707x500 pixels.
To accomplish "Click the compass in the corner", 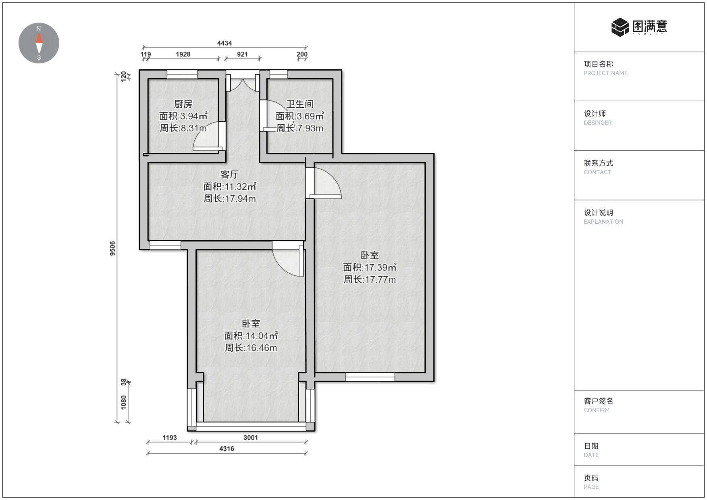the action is [39, 43].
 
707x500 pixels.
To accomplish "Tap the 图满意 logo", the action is [639, 27].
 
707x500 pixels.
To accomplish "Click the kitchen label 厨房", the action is [183, 104].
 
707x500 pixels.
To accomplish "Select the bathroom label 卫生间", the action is [299, 104].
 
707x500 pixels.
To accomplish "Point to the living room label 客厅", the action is [229, 174].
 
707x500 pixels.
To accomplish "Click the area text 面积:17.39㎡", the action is [370, 267].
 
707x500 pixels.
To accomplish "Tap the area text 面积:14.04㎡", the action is [251, 335].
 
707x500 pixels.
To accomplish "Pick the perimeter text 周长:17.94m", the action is [229, 198].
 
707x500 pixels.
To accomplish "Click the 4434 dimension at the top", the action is [225, 43].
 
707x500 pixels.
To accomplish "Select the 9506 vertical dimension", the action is [112, 248].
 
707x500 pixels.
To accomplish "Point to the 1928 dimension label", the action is [183, 54].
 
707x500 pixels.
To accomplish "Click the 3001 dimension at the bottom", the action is [251, 437].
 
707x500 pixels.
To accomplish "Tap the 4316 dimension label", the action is [227, 448].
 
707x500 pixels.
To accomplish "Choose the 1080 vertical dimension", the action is [124, 402].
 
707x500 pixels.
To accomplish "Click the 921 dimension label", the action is [242, 54].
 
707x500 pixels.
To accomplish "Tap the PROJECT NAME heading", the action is [605, 73].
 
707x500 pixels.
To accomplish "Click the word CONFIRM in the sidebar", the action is [597, 410].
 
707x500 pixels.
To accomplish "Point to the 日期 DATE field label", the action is [591, 450].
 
